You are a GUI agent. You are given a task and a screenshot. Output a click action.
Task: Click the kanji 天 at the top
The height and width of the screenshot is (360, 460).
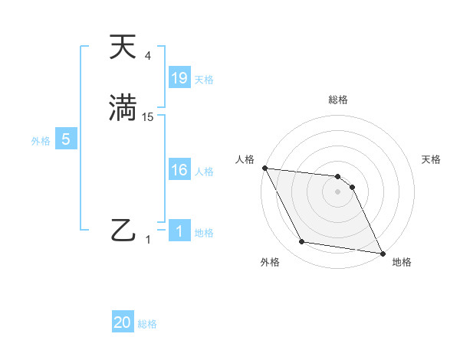click(x=123, y=47)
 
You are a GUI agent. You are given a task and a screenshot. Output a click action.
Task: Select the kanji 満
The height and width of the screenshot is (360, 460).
click(x=123, y=108)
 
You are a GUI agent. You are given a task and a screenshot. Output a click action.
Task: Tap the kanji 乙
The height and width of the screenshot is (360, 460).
click(x=123, y=229)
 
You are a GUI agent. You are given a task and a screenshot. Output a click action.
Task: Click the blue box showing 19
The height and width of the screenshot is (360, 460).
click(x=179, y=77)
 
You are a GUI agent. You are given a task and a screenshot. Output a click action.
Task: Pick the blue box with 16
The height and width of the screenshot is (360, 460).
click(x=179, y=170)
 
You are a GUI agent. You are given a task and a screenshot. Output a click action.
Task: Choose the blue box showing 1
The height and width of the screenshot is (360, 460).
click(x=179, y=231)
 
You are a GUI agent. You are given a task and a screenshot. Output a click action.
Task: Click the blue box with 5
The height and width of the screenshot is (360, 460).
click(x=66, y=139)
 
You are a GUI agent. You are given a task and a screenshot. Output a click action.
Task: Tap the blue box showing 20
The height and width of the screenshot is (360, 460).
click(x=123, y=322)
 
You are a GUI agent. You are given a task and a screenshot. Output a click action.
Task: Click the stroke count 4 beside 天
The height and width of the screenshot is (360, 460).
click(x=148, y=56)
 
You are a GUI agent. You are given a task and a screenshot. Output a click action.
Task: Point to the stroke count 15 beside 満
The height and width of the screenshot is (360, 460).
click(x=148, y=117)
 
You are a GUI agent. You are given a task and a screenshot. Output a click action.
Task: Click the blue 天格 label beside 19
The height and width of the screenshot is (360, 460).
click(x=204, y=79)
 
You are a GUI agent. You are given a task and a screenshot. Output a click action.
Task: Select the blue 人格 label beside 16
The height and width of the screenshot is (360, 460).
click(x=204, y=172)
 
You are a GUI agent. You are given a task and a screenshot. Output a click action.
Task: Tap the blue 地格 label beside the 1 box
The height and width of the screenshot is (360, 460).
click(x=204, y=233)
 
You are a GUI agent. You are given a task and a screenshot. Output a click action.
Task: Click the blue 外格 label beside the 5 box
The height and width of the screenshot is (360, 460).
click(x=41, y=141)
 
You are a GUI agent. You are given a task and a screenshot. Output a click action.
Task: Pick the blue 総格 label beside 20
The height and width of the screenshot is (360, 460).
click(x=147, y=324)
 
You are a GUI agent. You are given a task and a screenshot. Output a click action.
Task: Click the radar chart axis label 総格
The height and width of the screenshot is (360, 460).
click(x=338, y=100)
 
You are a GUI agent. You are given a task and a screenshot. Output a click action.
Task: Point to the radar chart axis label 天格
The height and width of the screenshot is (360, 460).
click(x=432, y=159)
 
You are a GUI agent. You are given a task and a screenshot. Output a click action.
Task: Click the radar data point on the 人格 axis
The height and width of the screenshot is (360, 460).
click(x=264, y=168)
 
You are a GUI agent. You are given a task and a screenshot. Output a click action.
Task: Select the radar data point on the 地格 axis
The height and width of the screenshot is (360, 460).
click(x=382, y=253)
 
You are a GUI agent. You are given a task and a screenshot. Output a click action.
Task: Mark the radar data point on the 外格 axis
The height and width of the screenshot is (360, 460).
click(x=302, y=242)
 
